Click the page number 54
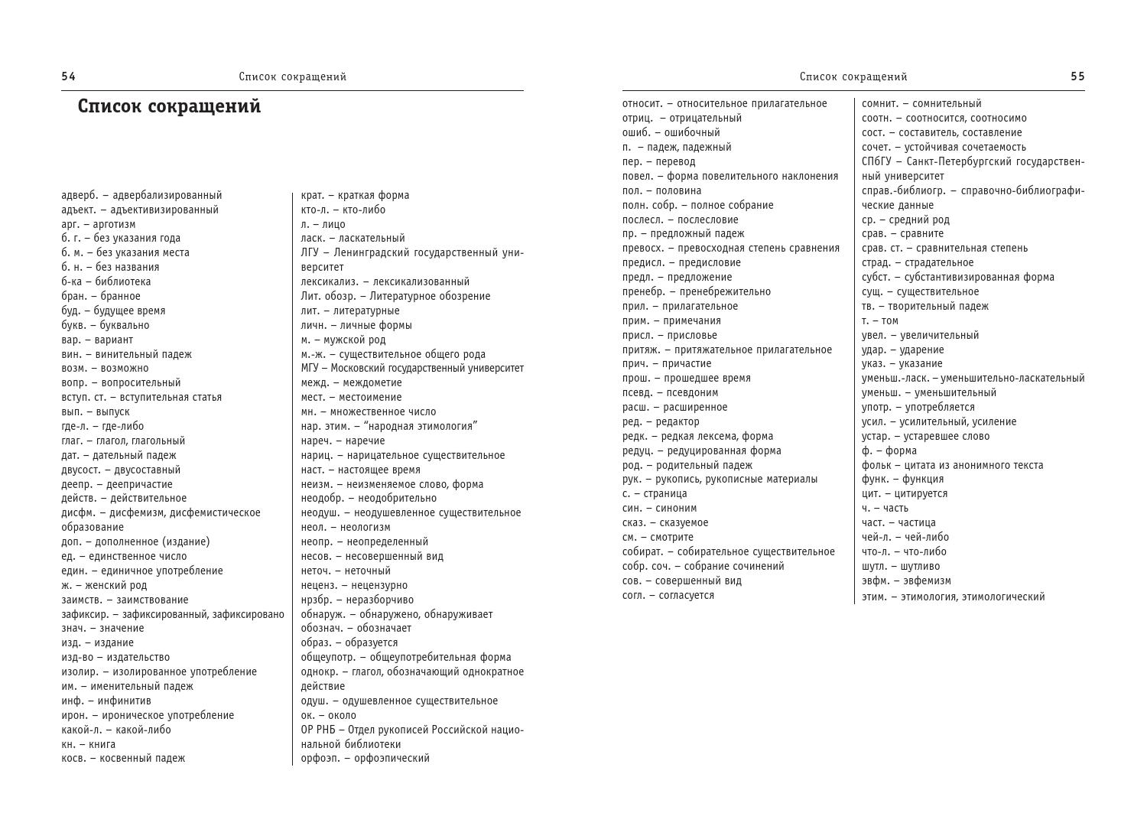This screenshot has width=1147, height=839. [68, 76]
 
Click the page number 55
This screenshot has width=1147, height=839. [1077, 76]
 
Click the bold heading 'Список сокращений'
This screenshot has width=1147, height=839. [169, 106]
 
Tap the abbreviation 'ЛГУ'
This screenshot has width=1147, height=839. [310, 252]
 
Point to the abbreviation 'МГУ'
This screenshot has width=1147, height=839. [310, 368]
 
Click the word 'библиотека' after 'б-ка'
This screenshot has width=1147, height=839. [123, 281]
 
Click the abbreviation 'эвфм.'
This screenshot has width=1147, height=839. [876, 580]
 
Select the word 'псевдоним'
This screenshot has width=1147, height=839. [691, 392]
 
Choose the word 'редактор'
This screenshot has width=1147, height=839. [677, 421]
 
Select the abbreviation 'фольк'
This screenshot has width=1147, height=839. [876, 465]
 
